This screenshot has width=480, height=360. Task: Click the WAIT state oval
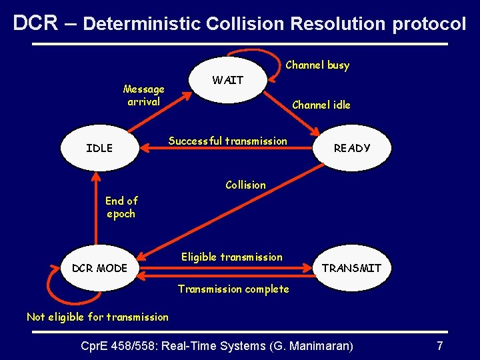[228, 81]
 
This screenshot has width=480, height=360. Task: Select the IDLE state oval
[99, 148]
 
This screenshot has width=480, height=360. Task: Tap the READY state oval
[351, 148]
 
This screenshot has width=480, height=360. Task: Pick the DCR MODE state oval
[99, 268]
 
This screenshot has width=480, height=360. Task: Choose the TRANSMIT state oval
[351, 268]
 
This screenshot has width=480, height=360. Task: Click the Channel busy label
[317, 65]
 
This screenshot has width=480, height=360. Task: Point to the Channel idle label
[321, 105]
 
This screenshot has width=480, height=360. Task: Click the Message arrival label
[144, 95]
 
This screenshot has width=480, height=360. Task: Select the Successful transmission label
[228, 141]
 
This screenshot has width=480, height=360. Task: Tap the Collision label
[245, 185]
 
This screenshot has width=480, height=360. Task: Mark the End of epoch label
[121, 207]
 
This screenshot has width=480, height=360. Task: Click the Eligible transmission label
[232, 257]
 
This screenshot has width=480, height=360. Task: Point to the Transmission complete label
[233, 289]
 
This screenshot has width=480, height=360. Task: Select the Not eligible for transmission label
[97, 317]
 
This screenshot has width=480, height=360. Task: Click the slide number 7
[439, 345]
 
